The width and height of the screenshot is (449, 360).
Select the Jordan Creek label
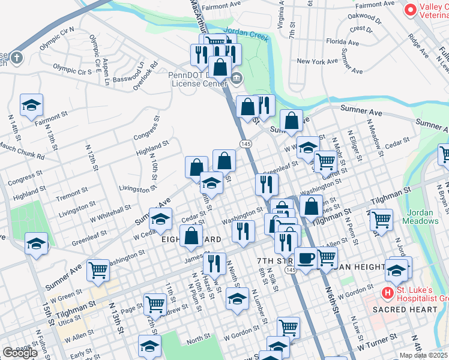point(244,32)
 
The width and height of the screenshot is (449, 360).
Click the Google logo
point(20,353)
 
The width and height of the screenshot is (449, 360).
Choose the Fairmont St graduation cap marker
point(31,106)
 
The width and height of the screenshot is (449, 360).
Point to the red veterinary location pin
point(411,10)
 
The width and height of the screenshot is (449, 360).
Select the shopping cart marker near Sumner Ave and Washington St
point(98,270)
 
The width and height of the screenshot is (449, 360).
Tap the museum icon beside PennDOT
point(237,77)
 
